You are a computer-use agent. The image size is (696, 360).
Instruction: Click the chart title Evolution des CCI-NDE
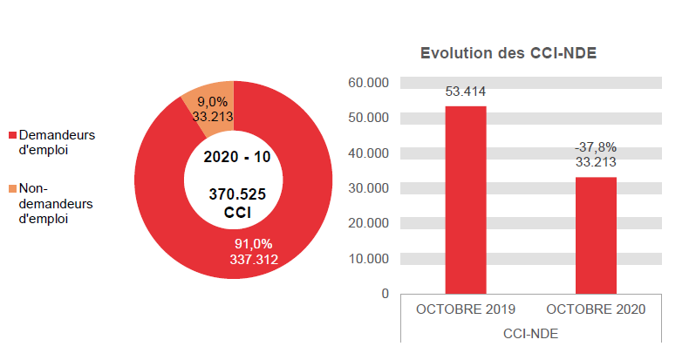pos(508,54)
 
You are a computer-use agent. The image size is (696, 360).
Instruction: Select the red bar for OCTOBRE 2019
pos(466,200)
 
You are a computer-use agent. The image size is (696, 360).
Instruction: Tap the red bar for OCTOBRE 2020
pos(596,235)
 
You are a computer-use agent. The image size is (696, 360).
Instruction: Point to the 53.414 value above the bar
pos(466,91)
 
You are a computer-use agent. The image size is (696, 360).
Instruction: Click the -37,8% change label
pos(596,146)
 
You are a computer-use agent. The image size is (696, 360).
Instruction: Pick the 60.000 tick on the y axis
pos(368,83)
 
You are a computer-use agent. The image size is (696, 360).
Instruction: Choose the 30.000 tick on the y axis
pos(368,188)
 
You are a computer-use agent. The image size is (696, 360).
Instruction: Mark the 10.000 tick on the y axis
pos(368,259)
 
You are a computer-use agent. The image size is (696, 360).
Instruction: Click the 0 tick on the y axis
pos(385,294)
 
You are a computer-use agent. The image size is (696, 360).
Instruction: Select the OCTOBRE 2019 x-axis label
pos(466,310)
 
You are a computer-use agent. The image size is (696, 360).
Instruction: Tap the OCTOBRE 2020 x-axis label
pos(596,310)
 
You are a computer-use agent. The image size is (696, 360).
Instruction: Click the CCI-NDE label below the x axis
pos(530,333)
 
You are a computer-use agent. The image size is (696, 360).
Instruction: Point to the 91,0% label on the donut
pos(254,243)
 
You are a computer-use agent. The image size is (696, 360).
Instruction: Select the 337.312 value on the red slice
pos(254,258)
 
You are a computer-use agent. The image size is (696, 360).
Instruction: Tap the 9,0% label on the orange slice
pos(210,101)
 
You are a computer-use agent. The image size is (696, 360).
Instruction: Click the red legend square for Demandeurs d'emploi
pos(12,136)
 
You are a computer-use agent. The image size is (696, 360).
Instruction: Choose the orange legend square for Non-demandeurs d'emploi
pos(12,188)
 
